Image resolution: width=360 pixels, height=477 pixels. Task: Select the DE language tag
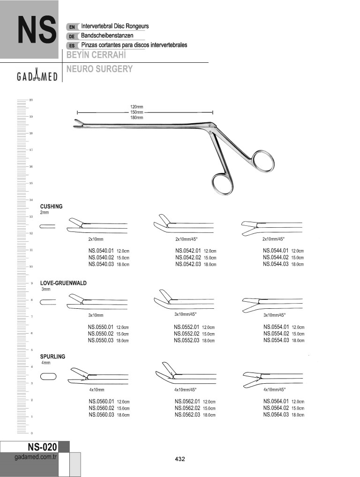coord(72,36)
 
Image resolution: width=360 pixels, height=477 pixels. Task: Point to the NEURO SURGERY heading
coord(99,69)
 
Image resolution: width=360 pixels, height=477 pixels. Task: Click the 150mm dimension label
coord(137,112)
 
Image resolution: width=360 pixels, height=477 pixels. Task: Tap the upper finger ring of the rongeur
coord(262,162)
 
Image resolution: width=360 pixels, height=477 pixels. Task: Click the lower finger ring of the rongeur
coord(222,185)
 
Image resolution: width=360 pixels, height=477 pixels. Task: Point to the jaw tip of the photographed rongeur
coord(77,125)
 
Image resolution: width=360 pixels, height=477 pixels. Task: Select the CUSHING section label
coord(52,206)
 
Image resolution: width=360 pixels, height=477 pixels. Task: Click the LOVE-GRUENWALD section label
coord(64,283)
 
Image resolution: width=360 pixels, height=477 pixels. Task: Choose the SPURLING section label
coord(52,357)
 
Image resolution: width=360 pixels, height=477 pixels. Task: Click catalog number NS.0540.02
coord(101,257)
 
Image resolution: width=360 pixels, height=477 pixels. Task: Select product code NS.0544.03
coord(276,264)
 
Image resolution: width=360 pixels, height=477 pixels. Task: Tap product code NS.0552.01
coord(187,327)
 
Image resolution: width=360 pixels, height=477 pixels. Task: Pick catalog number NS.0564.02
coord(276,408)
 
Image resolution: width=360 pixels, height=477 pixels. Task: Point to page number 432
coord(180,459)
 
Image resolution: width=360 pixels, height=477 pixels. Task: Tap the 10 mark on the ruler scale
coord(31,266)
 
